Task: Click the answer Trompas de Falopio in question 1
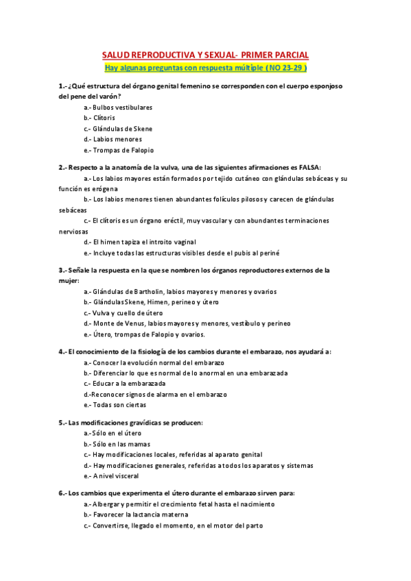point(123,150)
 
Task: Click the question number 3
point(62,270)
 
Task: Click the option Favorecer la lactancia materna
point(140,515)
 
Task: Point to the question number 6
point(62,493)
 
